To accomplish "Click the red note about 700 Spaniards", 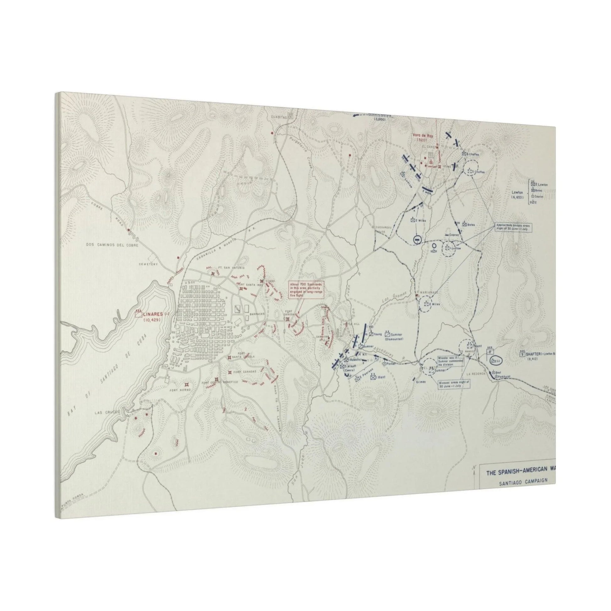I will [x=306, y=290].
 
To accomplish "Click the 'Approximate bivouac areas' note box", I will [x=514, y=228].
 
